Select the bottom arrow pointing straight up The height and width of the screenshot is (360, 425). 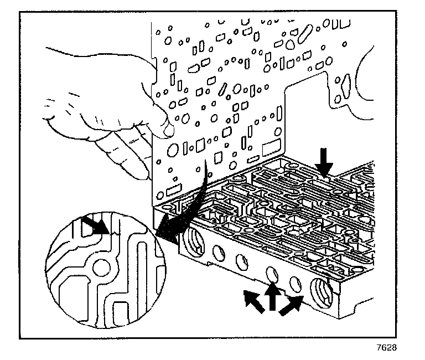click(x=272, y=297)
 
